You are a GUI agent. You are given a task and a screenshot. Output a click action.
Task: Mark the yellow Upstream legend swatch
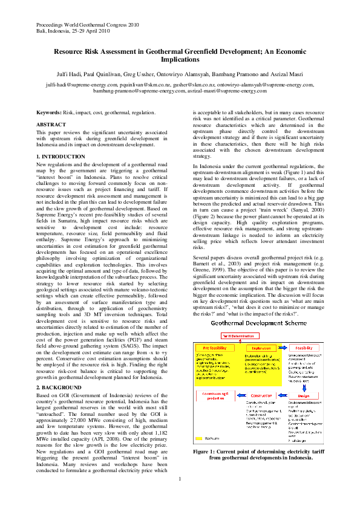pos(200,439)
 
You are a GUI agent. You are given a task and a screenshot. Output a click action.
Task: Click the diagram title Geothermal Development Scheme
pos(258,323)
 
